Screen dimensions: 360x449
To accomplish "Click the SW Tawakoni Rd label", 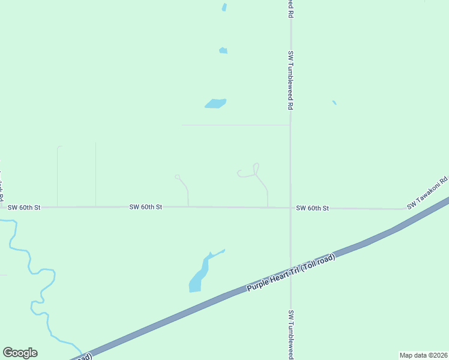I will pyautogui.click(x=427, y=193).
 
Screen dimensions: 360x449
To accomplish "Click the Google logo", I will pyautogui.click(x=20, y=353).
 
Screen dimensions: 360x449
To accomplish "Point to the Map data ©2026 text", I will pyautogui.click(x=423, y=355).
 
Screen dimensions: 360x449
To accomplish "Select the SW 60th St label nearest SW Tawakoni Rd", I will pyautogui.click(x=312, y=208).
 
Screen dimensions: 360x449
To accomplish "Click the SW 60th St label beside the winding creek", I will pyautogui.click(x=24, y=208).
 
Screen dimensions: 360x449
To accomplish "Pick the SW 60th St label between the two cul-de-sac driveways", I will pyautogui.click(x=146, y=207).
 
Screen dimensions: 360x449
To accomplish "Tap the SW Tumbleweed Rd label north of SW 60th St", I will pyautogui.click(x=291, y=80).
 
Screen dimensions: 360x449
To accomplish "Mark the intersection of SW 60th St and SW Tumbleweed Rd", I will pyautogui.click(x=291, y=208).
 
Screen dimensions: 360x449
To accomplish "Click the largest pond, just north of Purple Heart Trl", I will pyautogui.click(x=199, y=276).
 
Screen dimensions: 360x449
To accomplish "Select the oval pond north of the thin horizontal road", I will pyautogui.click(x=215, y=103).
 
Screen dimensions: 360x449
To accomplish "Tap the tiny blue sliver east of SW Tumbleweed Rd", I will pyautogui.click(x=334, y=103).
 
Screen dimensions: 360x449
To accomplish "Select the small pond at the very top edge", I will pyautogui.click(x=224, y=7).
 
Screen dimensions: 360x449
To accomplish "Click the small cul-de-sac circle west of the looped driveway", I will pyautogui.click(x=178, y=176).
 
